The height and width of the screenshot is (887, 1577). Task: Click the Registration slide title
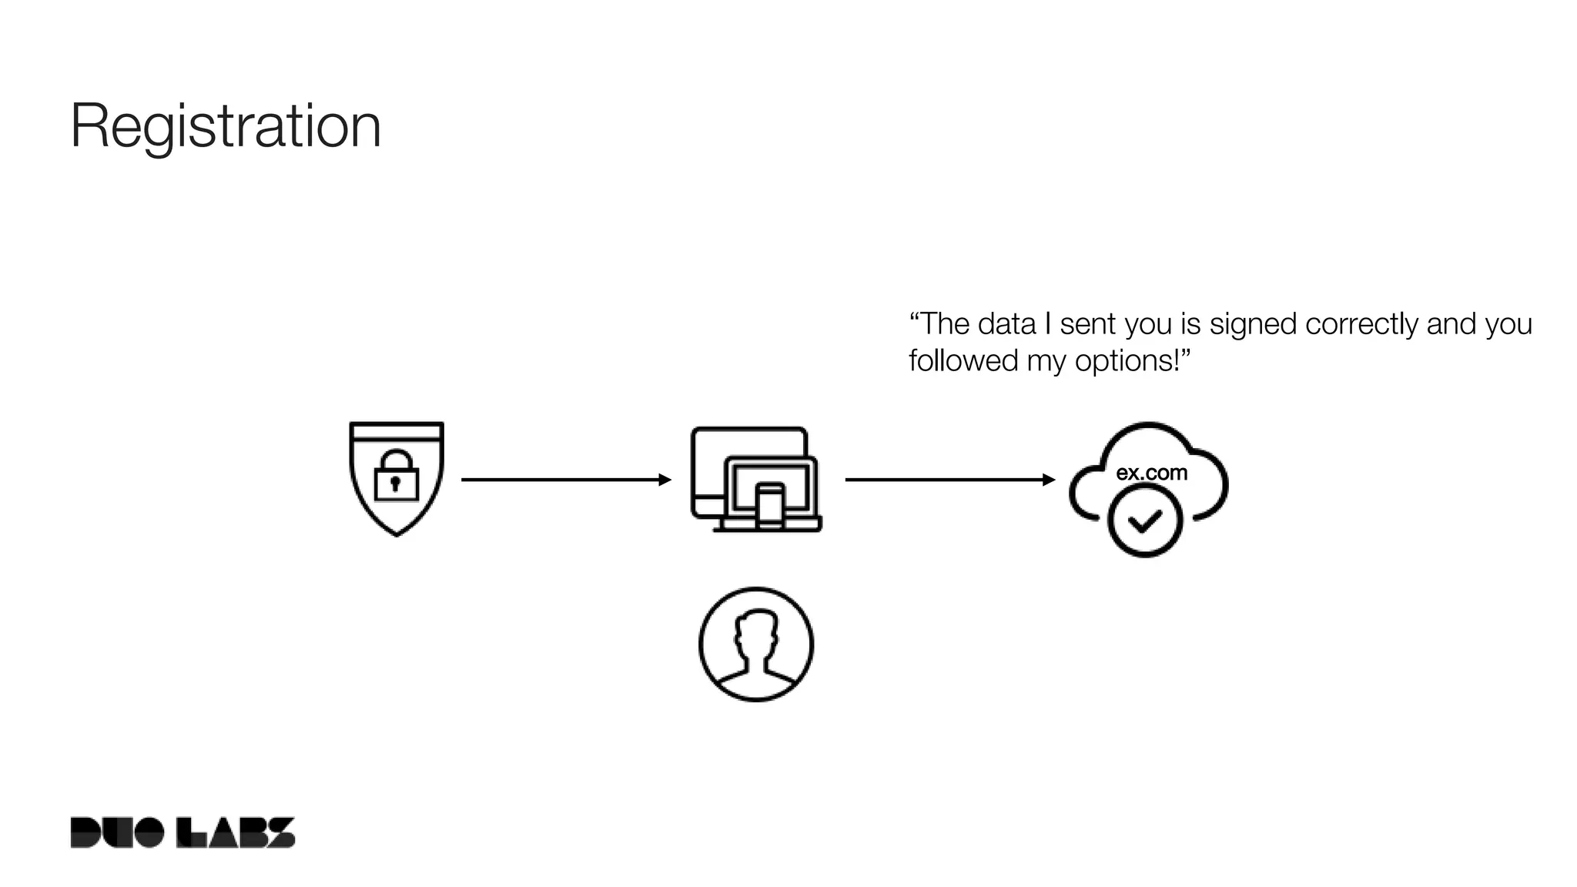coord(226,126)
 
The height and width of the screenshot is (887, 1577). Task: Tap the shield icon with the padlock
coord(397,478)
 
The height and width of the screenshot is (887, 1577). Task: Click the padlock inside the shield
coord(396,476)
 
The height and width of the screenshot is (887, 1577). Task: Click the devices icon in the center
coord(756,480)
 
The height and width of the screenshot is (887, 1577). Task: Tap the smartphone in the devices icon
coord(769,506)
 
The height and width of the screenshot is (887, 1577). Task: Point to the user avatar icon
coord(756,644)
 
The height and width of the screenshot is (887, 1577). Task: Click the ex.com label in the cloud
coord(1151,472)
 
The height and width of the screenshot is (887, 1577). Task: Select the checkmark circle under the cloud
coord(1145,522)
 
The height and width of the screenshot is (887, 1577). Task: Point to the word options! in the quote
coord(1133,360)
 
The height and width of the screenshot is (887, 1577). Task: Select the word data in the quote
coord(1006,324)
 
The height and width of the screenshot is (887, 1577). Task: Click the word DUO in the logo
coord(117,832)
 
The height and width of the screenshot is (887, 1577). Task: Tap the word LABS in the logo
coord(236,832)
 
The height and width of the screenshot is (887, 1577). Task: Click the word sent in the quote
coord(1088,324)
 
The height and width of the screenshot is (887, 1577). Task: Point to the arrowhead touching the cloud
coord(1049,480)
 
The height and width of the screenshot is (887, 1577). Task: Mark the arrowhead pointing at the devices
coord(665,480)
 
